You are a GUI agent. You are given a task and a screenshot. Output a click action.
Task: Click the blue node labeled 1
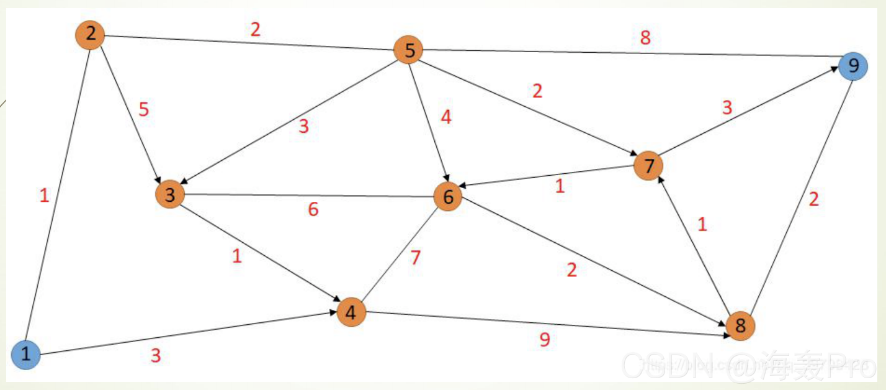(25, 355)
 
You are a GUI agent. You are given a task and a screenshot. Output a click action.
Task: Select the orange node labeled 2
(91, 34)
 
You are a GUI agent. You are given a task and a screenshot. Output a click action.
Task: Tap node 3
(170, 194)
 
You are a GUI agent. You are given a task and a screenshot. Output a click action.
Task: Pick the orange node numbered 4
(351, 312)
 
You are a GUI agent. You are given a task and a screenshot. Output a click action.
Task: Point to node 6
(448, 197)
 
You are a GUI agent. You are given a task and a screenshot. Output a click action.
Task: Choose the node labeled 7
(649, 166)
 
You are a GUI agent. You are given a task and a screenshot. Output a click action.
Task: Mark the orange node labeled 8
(740, 325)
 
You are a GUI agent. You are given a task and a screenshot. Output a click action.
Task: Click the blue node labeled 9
(853, 66)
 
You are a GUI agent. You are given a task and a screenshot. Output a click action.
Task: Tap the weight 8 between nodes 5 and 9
(645, 38)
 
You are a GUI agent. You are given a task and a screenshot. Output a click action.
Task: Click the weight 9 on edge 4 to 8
(544, 339)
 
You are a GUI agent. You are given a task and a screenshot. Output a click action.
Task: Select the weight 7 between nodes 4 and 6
(415, 257)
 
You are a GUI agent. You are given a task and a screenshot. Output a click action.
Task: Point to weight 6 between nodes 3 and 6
(313, 210)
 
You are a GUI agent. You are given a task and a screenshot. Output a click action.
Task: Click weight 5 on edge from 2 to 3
(143, 110)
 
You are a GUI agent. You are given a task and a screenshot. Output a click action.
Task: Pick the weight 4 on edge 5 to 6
(445, 117)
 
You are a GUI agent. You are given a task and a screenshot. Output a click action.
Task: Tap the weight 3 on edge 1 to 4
(156, 356)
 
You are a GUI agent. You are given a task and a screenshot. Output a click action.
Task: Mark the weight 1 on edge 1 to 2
(43, 196)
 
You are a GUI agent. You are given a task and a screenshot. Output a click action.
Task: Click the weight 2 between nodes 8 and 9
(814, 199)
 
